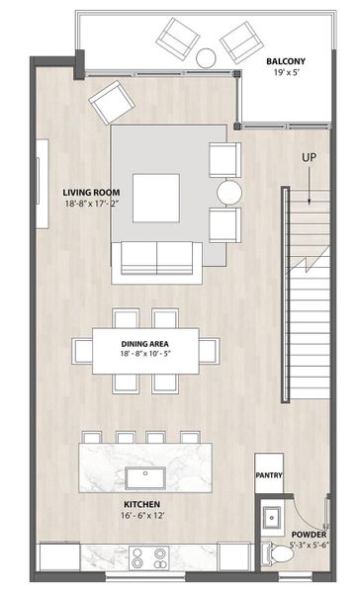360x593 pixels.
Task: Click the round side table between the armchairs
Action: [x=230, y=191]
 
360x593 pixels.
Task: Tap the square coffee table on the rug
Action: [x=157, y=197]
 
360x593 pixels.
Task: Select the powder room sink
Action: [x=273, y=516]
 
